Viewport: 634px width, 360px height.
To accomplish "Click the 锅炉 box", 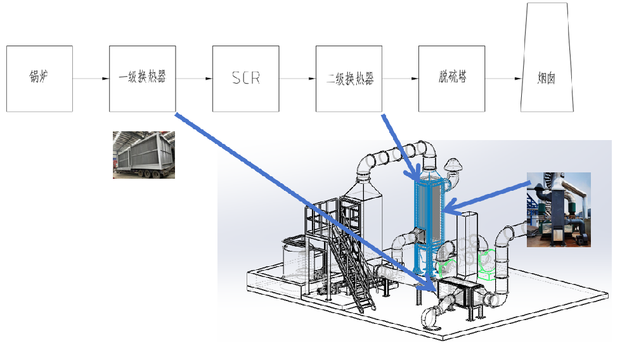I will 39,79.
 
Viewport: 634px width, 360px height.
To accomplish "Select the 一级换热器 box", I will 143,79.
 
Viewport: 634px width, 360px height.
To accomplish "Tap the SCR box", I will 246,79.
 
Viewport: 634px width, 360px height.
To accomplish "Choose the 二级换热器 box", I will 349,79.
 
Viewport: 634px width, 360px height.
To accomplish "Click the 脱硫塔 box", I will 452,79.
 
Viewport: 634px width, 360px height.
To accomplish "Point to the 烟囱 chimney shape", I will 547,70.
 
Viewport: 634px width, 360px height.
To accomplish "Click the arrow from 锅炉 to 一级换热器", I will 91,79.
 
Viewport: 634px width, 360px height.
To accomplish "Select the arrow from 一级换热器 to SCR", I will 194,79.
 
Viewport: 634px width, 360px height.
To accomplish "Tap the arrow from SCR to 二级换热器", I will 297,79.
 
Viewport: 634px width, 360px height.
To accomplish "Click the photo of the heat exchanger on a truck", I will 143,155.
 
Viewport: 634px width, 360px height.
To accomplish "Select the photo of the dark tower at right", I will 559,209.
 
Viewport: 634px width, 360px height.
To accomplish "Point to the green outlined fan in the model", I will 487,264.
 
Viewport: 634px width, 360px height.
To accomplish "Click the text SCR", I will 246,79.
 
